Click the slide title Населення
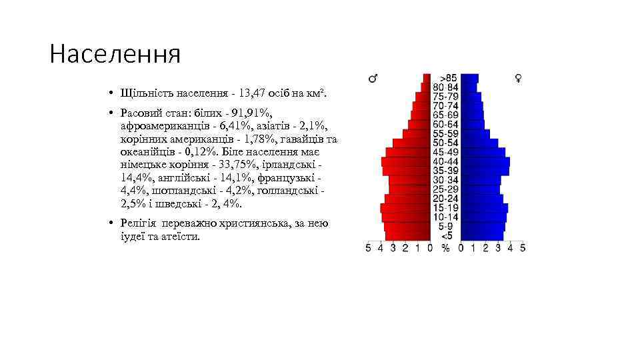click(115, 54)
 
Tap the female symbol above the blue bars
click(518, 79)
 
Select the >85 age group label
click(447, 78)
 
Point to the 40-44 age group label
click(445, 161)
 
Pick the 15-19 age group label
click(445, 208)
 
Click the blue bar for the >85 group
click(469, 78)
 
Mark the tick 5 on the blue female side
click(523, 249)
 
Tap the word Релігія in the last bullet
click(139, 223)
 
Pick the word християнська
click(254, 223)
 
